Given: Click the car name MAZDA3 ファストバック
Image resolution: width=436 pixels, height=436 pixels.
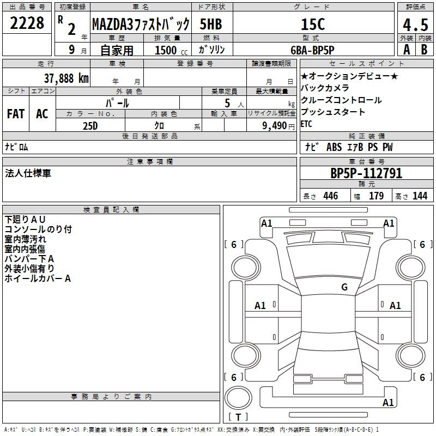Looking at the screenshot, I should (140, 25).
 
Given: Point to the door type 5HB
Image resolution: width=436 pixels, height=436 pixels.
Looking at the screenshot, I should (211, 25).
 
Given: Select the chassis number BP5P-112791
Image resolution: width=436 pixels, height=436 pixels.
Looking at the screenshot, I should (366, 174).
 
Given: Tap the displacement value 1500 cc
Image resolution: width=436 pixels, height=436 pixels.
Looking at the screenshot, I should (168, 50).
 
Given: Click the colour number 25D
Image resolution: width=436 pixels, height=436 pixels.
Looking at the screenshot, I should (90, 125).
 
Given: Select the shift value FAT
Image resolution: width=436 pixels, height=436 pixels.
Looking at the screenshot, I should (16, 114).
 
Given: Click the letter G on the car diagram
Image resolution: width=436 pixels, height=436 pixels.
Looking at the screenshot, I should (344, 287).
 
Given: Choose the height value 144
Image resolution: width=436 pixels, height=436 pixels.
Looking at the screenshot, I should (420, 196).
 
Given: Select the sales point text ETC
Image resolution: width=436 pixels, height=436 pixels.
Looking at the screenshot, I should (306, 124).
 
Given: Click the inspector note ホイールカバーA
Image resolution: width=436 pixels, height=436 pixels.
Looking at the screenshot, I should (38, 278).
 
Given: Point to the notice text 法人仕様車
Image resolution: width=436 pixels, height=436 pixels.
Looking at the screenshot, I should (28, 173).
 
